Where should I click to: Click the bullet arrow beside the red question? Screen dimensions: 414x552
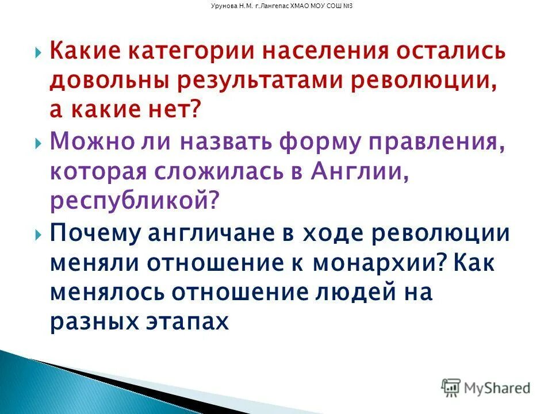38,53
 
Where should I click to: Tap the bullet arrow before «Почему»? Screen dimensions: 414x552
38,235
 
